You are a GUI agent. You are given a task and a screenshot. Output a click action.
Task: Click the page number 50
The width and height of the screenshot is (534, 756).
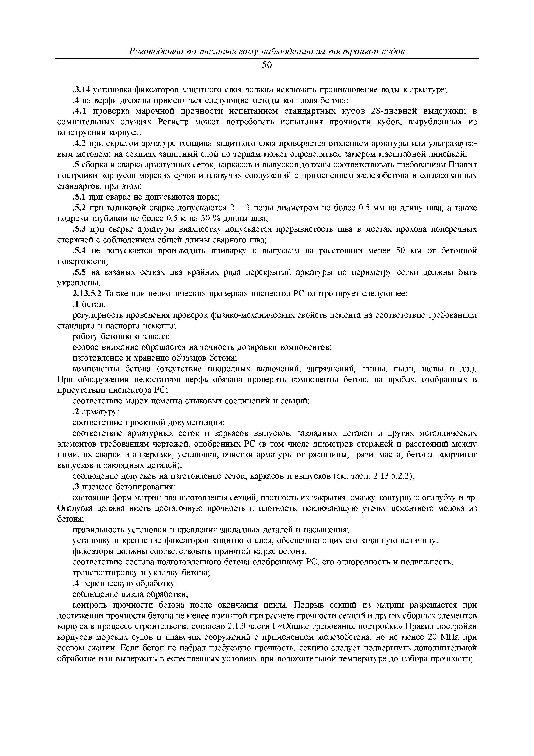(267, 66)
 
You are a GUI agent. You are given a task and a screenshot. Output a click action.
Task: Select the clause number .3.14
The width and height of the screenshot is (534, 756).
(81, 90)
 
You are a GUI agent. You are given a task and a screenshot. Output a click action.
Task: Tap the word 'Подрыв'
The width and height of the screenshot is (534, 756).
(309, 605)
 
